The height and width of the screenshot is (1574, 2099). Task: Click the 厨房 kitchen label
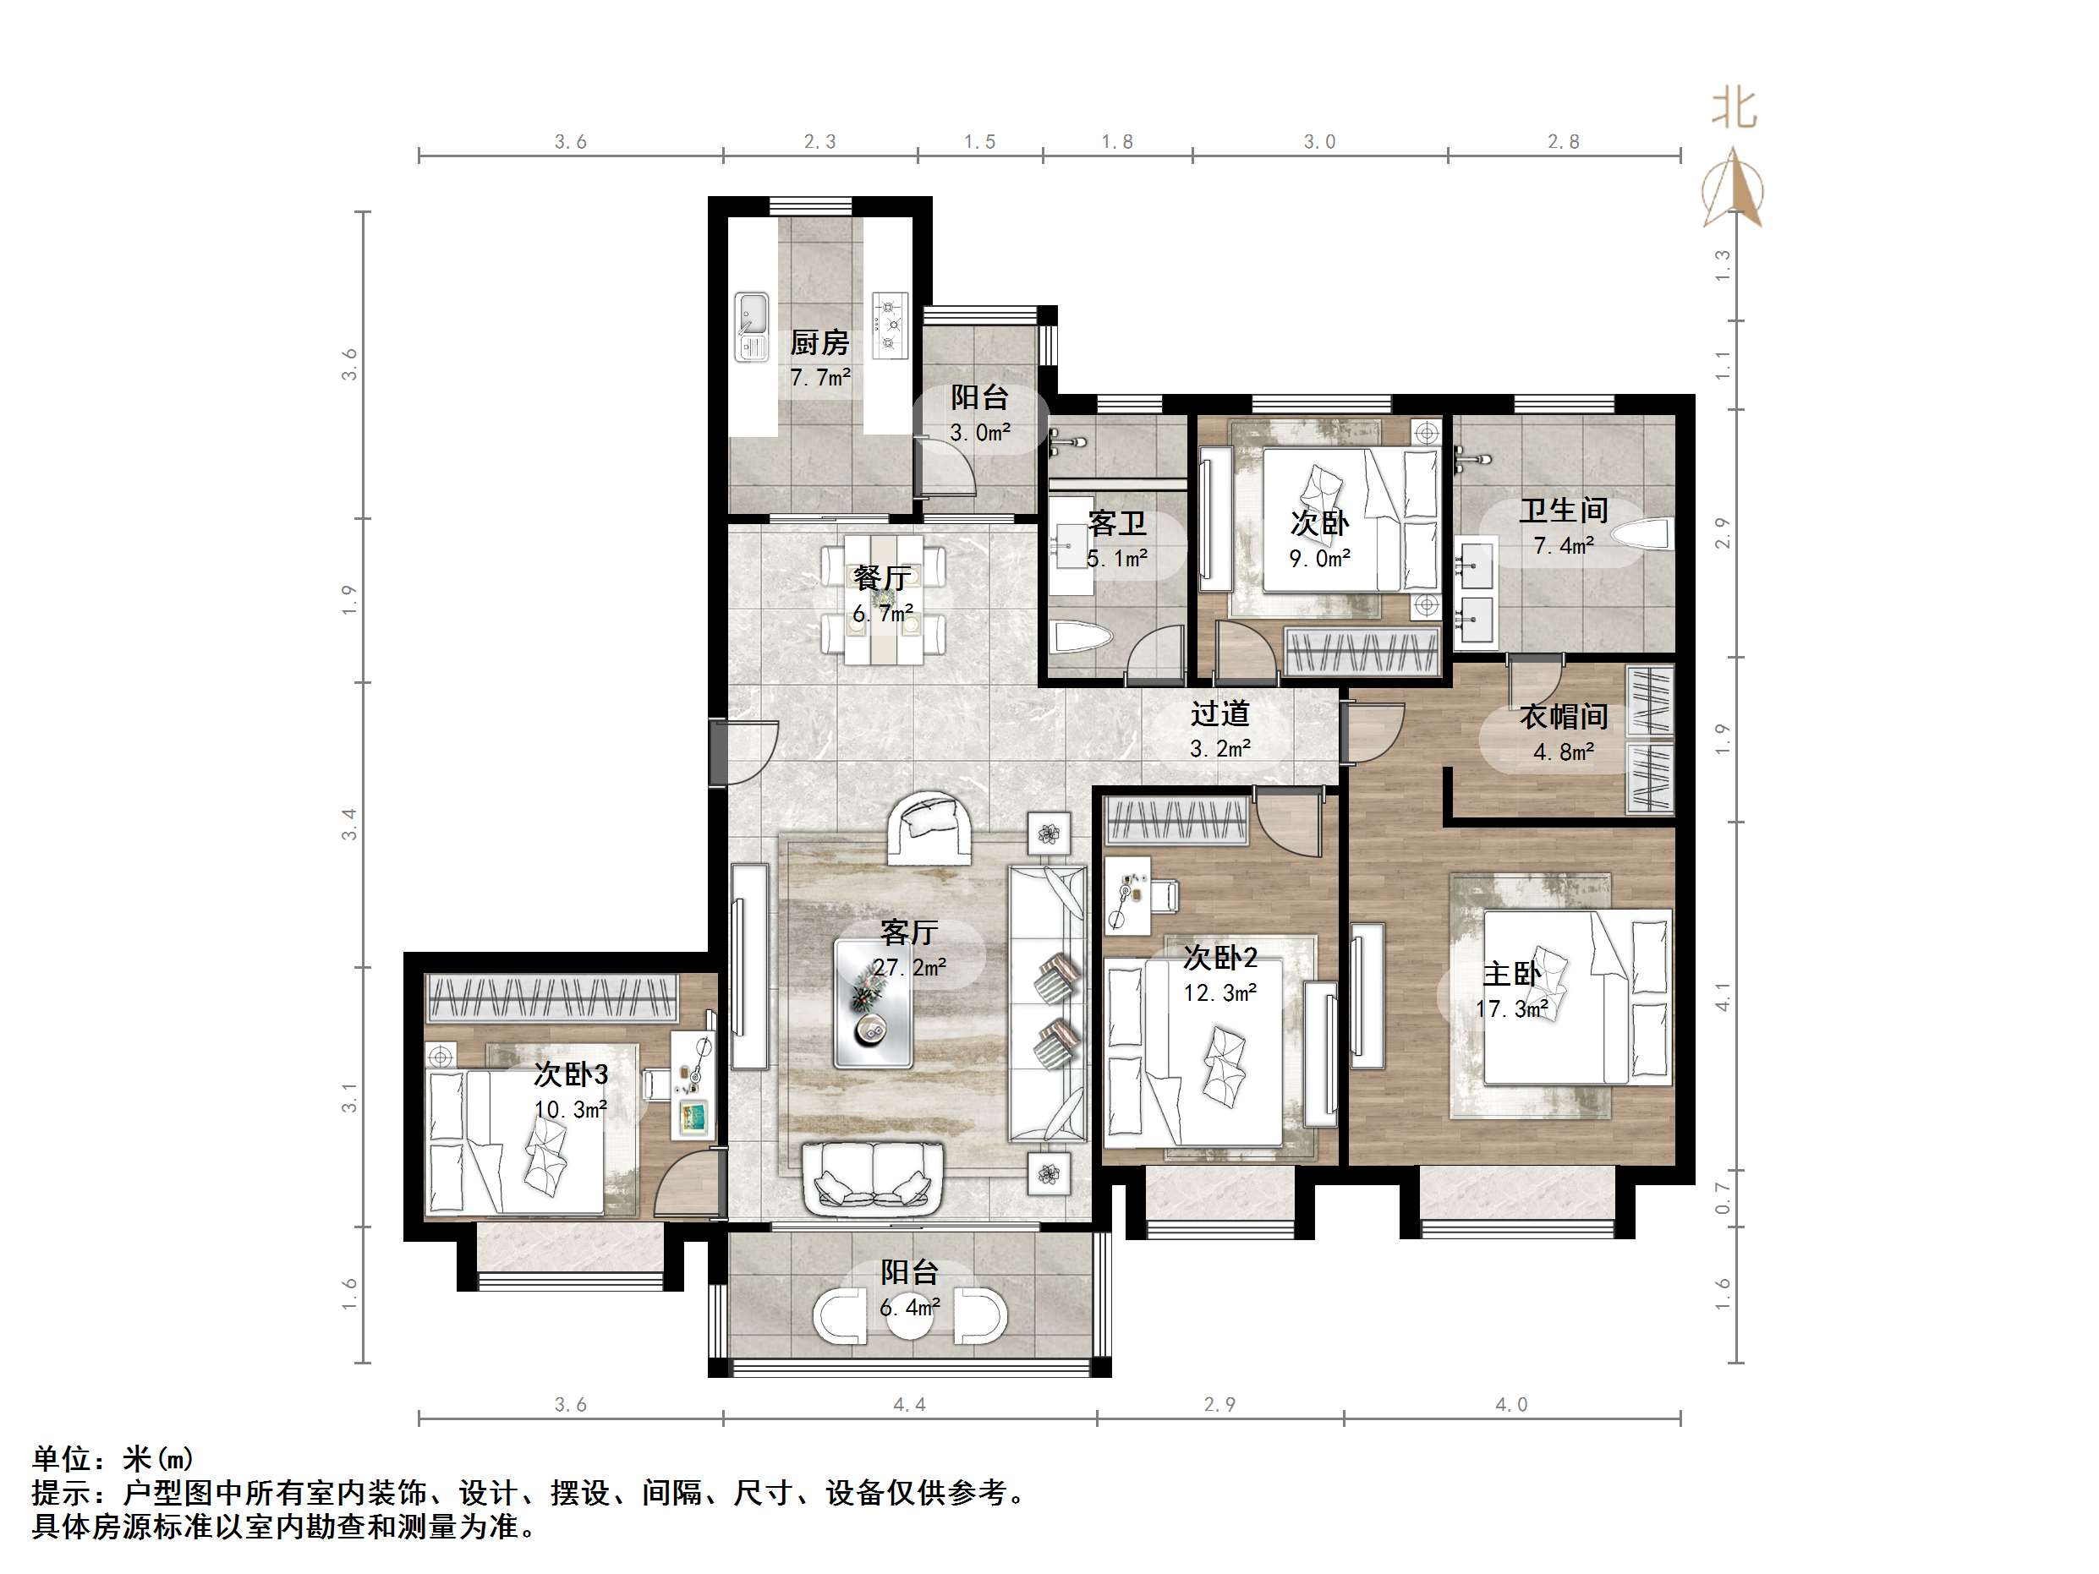pyautogui.click(x=819, y=342)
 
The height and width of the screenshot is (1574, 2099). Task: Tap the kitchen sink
pyautogui.click(x=753, y=325)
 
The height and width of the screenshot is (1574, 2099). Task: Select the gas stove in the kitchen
pyautogui.click(x=890, y=325)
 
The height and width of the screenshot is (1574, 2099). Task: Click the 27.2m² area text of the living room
pyautogui.click(x=909, y=968)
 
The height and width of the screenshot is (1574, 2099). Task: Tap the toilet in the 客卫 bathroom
pyautogui.click(x=1080, y=637)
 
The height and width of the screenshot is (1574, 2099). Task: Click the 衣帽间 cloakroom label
pyautogui.click(x=1563, y=716)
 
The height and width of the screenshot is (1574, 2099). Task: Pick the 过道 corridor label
pyautogui.click(x=1219, y=713)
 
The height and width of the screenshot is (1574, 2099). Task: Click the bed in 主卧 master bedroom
pyautogui.click(x=1576, y=996)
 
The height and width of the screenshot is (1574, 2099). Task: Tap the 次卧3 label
pyautogui.click(x=570, y=1075)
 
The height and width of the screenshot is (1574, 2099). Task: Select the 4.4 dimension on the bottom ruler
pyautogui.click(x=908, y=1404)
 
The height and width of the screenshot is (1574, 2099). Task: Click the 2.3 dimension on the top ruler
pyautogui.click(x=819, y=142)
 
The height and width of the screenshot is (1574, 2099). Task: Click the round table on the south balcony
pyautogui.click(x=909, y=1319)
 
